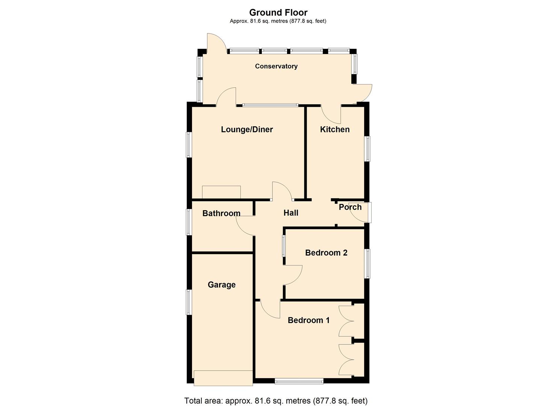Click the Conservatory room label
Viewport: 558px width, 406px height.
[276, 66]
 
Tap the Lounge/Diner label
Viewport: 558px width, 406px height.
[247, 129]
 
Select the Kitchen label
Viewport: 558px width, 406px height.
[335, 129]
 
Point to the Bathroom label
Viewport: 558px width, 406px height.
[221, 213]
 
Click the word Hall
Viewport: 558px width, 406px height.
[291, 213]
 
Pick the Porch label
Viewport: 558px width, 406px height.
[350, 207]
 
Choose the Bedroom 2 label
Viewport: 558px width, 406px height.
[326, 253]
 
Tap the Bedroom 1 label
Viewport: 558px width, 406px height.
[308, 320]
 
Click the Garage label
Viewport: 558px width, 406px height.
[222, 285]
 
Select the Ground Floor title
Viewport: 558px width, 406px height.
[278, 13]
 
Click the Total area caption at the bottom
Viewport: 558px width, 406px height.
[276, 401]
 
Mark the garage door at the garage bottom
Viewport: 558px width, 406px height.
[223, 378]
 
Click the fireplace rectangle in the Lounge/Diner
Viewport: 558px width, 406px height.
[221, 192]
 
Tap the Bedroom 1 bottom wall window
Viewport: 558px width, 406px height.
[299, 381]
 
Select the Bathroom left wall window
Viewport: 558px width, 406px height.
[189, 222]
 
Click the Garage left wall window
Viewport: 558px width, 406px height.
[189, 302]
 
